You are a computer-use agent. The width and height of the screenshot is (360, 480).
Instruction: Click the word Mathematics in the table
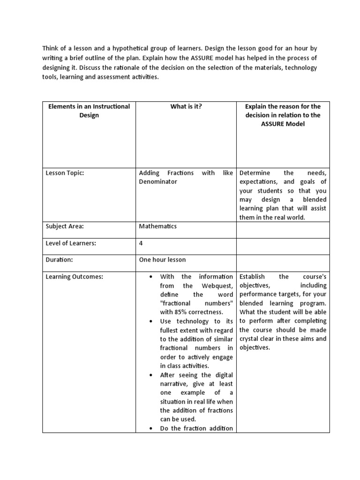tap(157, 226)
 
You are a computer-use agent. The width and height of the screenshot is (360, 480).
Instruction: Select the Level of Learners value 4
tap(141, 243)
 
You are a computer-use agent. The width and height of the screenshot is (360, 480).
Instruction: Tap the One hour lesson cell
tap(162, 259)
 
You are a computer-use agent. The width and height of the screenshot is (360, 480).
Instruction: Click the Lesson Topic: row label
tap(64, 173)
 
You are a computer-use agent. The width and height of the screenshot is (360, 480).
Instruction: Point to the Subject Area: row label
tap(64, 226)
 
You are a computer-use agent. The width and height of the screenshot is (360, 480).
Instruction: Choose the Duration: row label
tap(60, 259)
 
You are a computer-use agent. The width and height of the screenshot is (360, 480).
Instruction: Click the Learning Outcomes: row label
tap(74, 277)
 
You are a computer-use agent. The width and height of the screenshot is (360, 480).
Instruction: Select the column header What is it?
tap(186, 106)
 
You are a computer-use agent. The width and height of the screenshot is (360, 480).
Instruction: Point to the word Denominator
tap(158, 182)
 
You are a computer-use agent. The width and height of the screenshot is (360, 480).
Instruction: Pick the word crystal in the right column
tap(252, 338)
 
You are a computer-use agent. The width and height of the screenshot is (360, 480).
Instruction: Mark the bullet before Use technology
tap(150, 322)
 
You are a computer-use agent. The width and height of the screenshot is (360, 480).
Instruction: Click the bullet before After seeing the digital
tap(150, 375)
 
